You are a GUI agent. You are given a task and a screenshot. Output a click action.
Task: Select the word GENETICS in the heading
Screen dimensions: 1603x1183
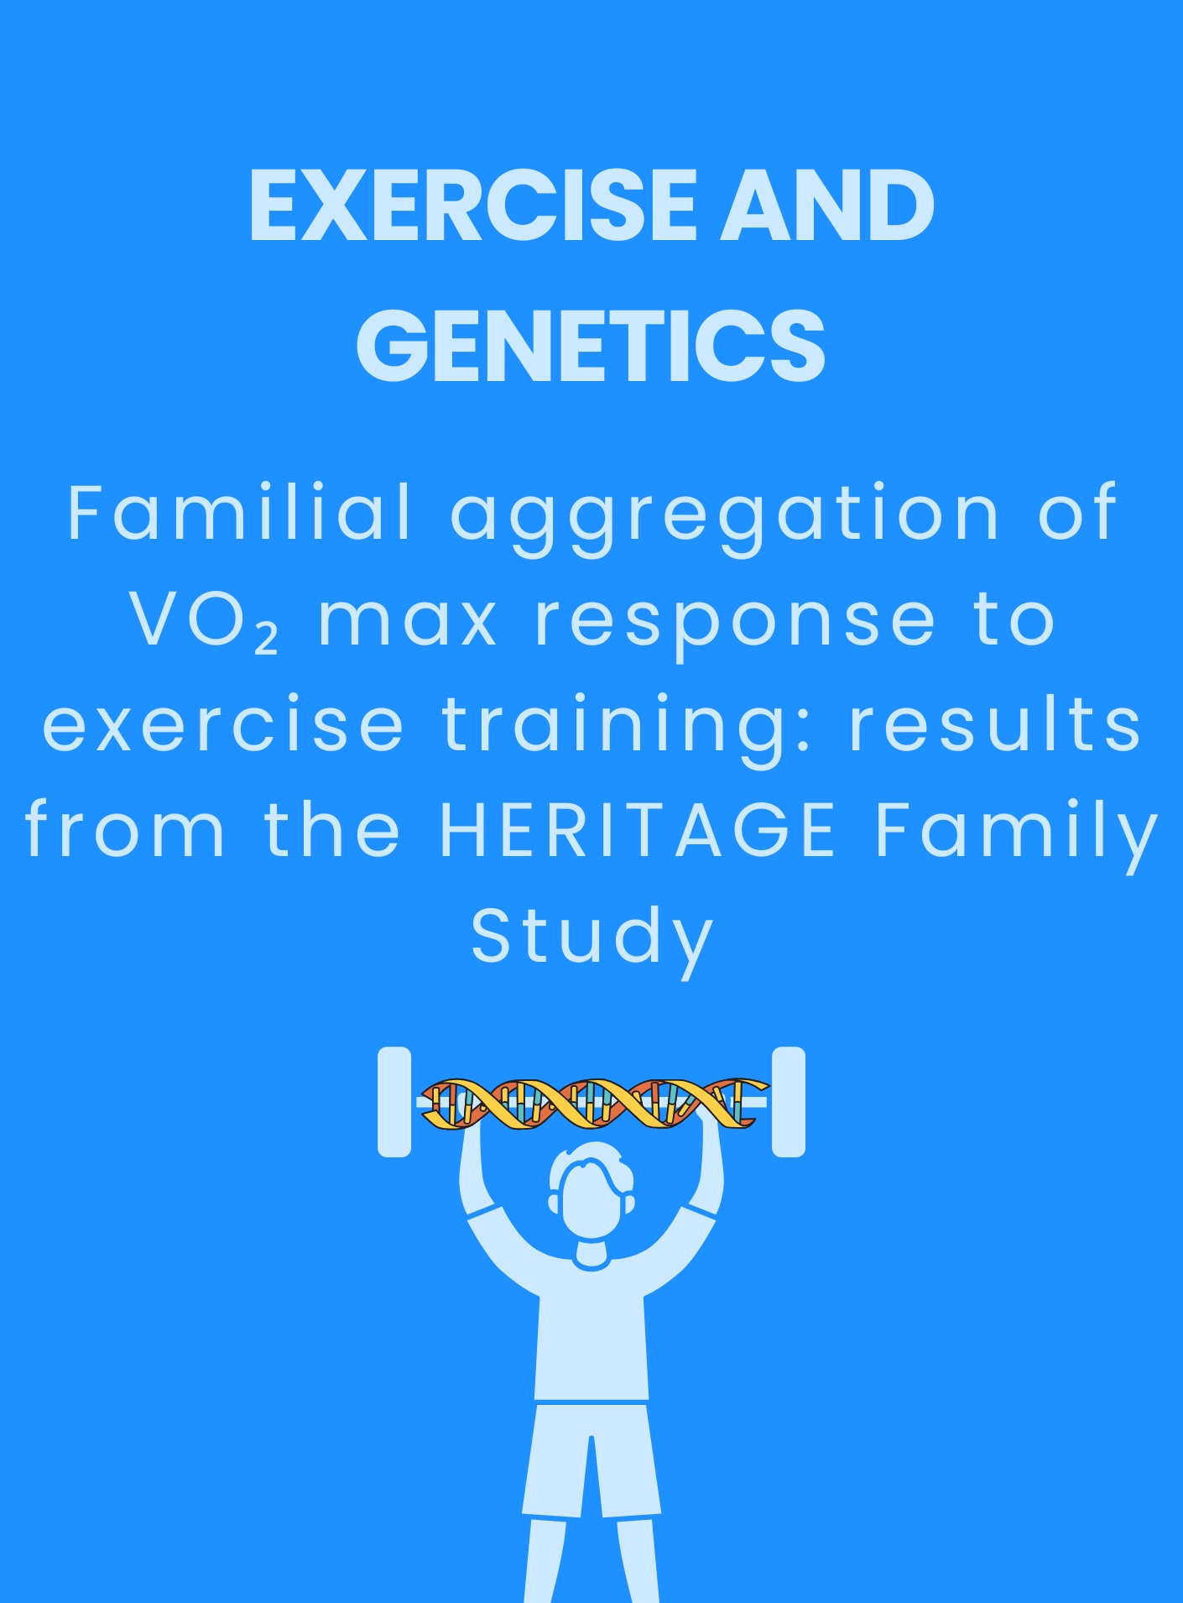pyautogui.click(x=591, y=346)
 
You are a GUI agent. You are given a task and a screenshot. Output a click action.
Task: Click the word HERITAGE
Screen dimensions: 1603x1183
pyautogui.click(x=638, y=830)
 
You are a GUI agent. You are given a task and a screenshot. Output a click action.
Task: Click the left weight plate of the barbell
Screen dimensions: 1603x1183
pyautogui.click(x=394, y=1101)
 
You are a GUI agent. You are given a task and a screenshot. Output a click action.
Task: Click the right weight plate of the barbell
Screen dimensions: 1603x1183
pyautogui.click(x=788, y=1101)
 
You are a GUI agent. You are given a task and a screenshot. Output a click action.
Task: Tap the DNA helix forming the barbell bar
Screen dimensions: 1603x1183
pyautogui.click(x=592, y=1103)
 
